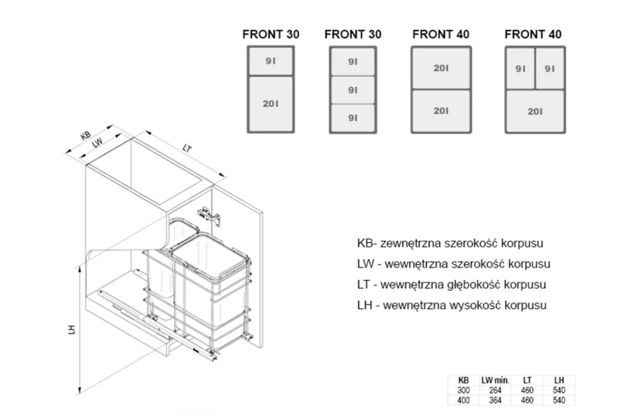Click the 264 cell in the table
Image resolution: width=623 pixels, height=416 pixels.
(x=495, y=390)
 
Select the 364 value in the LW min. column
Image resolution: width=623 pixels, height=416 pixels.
(x=495, y=400)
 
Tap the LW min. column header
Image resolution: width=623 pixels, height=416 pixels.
(x=495, y=380)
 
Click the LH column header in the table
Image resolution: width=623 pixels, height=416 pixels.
(x=559, y=380)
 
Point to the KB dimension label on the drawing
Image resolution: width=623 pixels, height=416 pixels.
(x=86, y=135)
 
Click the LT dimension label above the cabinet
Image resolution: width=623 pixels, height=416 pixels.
(x=187, y=148)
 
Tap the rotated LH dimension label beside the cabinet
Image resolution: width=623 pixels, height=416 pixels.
(x=72, y=329)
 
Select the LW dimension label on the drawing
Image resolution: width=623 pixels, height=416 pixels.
(x=97, y=143)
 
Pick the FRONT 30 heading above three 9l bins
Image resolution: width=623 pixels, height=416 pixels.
(x=353, y=35)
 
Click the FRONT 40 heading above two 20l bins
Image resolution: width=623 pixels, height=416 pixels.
(x=440, y=35)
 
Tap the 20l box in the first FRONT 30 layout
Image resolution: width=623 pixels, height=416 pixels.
(x=271, y=104)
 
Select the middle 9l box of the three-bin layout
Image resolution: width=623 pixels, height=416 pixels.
(x=353, y=90)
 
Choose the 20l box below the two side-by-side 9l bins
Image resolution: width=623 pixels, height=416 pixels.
(x=535, y=112)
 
